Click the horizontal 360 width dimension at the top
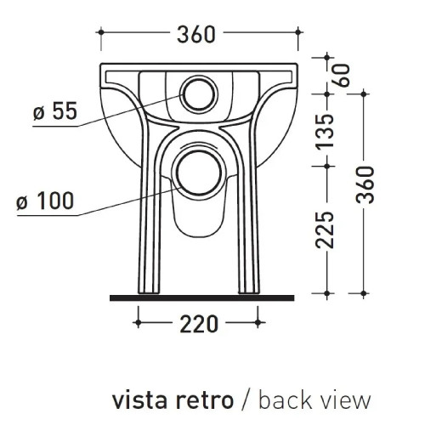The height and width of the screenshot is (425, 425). pyautogui.click(x=196, y=34)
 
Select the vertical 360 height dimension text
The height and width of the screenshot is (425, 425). pyautogui.click(x=365, y=184)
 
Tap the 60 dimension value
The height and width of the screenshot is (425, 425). pyautogui.click(x=341, y=76)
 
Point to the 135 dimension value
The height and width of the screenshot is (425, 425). pyautogui.click(x=325, y=132)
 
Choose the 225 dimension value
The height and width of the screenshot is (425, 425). pyautogui.click(x=325, y=229)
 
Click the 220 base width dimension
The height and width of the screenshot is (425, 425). pyautogui.click(x=199, y=324)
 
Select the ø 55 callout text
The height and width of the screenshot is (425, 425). pyautogui.click(x=55, y=110)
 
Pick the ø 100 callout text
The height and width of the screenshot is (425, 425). pyautogui.click(x=45, y=201)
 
